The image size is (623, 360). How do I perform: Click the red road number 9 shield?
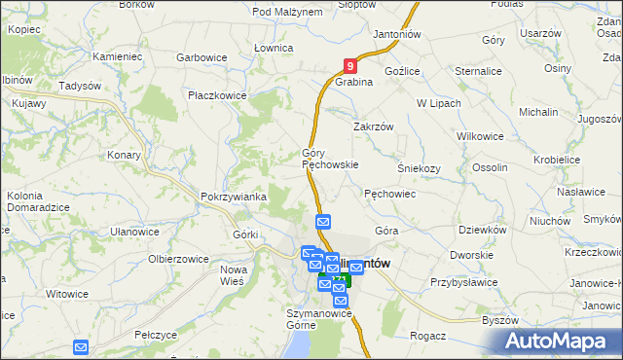tap(350, 66)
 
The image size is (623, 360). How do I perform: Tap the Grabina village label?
tap(355, 83)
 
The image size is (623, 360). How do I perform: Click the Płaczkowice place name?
tap(217, 96)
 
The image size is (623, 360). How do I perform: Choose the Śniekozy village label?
tap(420, 167)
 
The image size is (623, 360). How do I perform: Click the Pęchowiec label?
tap(390, 194)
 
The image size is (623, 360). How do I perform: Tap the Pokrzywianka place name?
tap(233, 197)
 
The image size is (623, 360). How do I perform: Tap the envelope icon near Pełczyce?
tap(81, 346)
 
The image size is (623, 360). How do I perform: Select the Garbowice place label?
tap(202, 57)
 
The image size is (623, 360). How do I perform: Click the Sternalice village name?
tap(478, 71)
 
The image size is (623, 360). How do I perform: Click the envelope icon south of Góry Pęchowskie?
tap(324, 222)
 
